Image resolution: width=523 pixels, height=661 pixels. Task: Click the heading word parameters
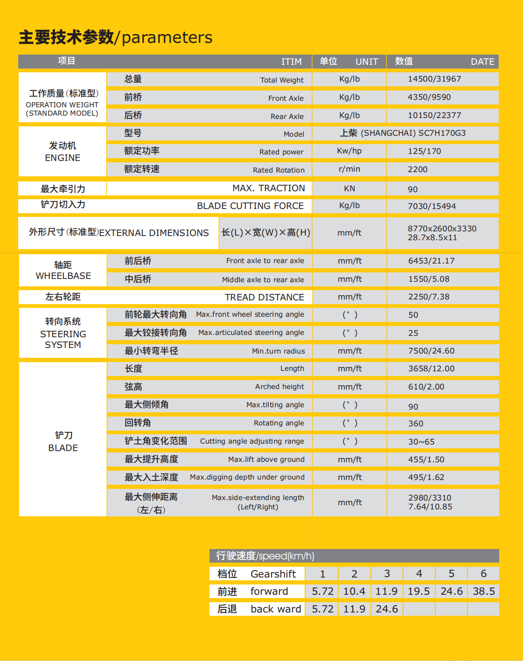pyautogui.click(x=167, y=37)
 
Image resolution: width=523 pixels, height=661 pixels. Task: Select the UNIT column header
pyautogui.click(x=367, y=62)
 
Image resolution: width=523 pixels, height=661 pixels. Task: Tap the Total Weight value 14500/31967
pyautogui.click(x=434, y=79)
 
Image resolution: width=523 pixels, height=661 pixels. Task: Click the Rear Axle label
pyautogui.click(x=287, y=116)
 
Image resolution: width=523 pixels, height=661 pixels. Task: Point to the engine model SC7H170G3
pyautogui.click(x=442, y=133)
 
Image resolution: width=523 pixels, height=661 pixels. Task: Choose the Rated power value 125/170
pyautogui.click(x=424, y=151)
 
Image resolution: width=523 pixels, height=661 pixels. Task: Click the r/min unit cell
pyautogui.click(x=349, y=169)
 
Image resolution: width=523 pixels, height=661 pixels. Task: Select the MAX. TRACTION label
pyautogui.click(x=269, y=188)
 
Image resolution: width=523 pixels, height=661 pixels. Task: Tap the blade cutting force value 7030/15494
pyautogui.click(x=432, y=206)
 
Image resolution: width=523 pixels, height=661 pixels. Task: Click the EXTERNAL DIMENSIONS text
pyautogui.click(x=154, y=233)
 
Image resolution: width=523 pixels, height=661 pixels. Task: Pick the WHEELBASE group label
pyautogui.click(x=63, y=276)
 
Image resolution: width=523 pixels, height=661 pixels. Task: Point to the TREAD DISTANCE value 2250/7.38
pyautogui.click(x=429, y=297)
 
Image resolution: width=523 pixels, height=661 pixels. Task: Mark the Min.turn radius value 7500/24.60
pyautogui.click(x=431, y=351)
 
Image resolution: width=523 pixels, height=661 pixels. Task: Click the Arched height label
pyautogui.click(x=279, y=387)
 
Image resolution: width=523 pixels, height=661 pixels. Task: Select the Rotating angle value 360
pyautogui.click(x=416, y=424)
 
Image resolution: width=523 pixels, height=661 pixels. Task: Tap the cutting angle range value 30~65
pyautogui.click(x=421, y=442)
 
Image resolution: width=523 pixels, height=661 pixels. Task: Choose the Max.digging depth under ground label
pyautogui.click(x=247, y=477)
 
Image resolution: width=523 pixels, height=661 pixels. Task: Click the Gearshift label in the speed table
pyautogui.click(x=273, y=574)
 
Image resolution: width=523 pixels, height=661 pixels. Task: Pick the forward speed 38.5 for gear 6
pyautogui.click(x=484, y=591)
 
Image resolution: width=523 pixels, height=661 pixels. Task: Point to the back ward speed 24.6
pyautogui.click(x=387, y=609)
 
